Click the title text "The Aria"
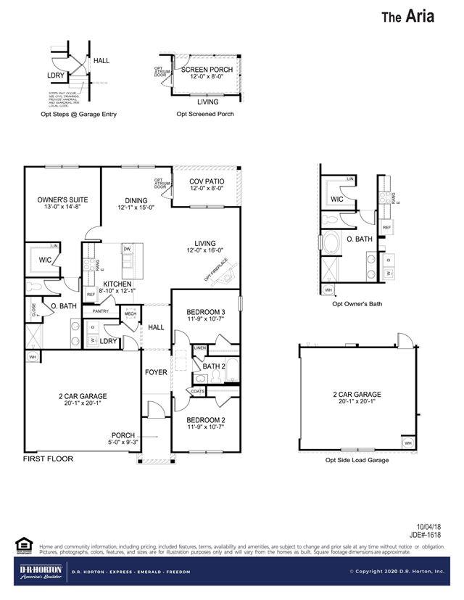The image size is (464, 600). tap(408, 17)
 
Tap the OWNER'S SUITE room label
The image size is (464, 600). tap(62, 200)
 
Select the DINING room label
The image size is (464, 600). tap(136, 201)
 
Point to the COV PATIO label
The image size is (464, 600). tap(207, 182)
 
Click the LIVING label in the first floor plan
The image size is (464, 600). tap(205, 244)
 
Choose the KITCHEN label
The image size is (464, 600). tap(117, 284)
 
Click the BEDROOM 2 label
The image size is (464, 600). tap(205, 420)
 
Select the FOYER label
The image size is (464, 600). tap(156, 372)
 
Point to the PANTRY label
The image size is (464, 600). tap(100, 311)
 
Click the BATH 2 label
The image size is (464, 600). tap(215, 366)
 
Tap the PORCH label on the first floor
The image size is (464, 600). tap(123, 435)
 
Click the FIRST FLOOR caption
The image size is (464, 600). tap(48, 459)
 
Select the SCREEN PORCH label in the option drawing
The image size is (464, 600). tap(207, 70)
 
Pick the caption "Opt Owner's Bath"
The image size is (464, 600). tap(357, 303)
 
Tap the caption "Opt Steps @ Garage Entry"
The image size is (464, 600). tap(78, 114)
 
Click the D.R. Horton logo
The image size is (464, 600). tap(40, 570)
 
